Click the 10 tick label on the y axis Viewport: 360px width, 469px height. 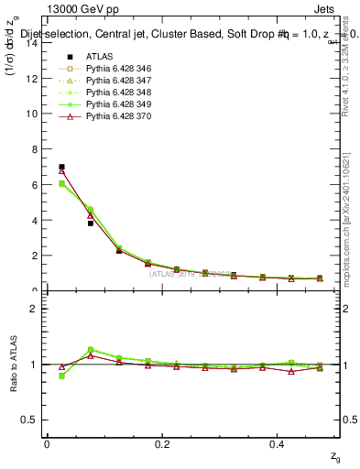[x=33, y=114]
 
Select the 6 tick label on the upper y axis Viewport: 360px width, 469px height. [x=36, y=185]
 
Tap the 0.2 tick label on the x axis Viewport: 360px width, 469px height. [x=163, y=443]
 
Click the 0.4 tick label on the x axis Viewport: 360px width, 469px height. [x=279, y=443]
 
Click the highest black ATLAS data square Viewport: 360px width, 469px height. [x=61, y=167]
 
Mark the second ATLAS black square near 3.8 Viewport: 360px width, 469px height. [x=91, y=223]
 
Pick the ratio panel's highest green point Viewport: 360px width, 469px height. [x=91, y=349]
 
